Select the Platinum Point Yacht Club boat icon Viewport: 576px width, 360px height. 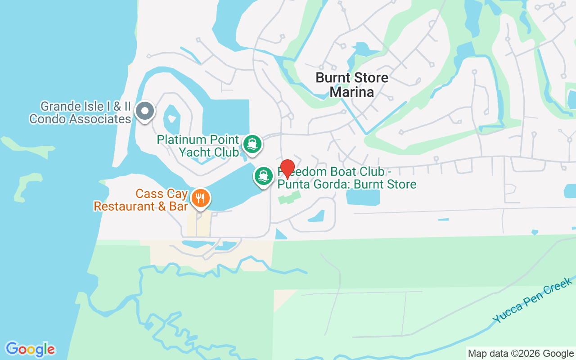coord(252,144)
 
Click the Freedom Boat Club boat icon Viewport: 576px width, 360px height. coord(264,175)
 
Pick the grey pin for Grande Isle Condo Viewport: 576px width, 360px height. coord(145,110)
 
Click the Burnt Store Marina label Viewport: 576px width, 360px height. coord(352,85)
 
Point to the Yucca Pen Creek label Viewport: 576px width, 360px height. coord(532,300)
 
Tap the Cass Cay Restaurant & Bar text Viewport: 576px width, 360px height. coord(140,200)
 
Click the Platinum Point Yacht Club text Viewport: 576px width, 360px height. coord(198,146)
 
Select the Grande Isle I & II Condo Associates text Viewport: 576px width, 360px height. coord(80,113)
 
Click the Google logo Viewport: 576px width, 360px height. coord(30,349)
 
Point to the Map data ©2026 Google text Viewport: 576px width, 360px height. coord(521,354)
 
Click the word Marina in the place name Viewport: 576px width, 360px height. coord(352,92)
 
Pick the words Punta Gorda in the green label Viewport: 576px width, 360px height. coord(305,184)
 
